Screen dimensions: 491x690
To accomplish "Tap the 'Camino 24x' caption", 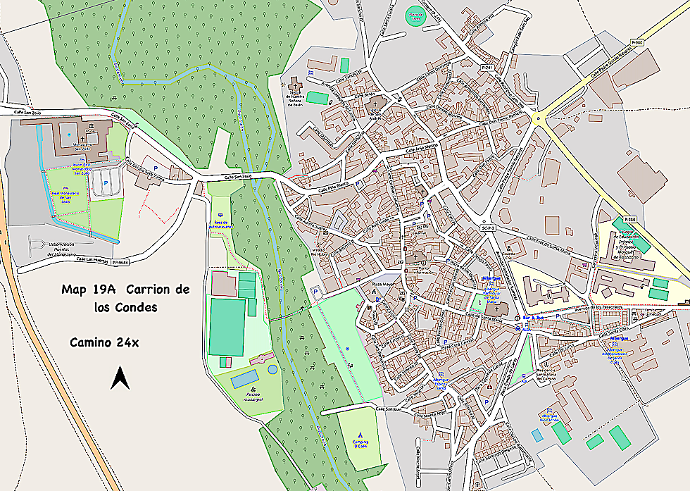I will tap(104, 342).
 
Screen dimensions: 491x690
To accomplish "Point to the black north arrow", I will tap(120, 379).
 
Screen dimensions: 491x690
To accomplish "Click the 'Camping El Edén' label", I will tap(360, 443).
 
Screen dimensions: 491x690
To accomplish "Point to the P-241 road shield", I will tap(486, 67).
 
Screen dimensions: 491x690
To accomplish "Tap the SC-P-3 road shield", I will tap(489, 228).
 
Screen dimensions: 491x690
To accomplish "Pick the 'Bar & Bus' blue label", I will tap(532, 318).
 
